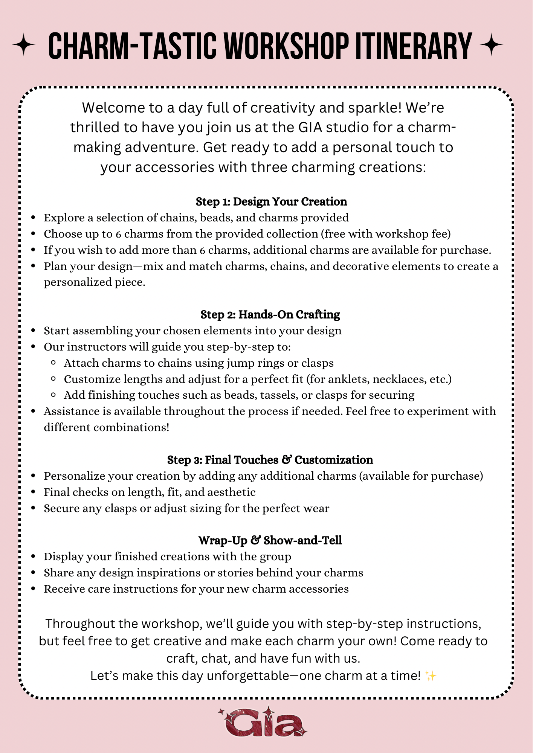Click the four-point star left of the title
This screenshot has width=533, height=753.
click(23, 45)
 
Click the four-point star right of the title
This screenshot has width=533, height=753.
click(491, 45)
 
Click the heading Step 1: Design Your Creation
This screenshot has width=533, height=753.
click(271, 202)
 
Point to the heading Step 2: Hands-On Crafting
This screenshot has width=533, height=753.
click(270, 314)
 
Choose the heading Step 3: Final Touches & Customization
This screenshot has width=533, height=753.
click(270, 460)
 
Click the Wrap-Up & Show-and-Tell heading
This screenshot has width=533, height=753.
click(270, 540)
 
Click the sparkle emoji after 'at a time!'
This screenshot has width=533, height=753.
click(430, 676)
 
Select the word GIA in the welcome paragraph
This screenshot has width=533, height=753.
click(310, 128)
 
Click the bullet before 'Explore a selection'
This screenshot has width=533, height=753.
click(34, 218)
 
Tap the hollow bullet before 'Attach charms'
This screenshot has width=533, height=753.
click(53, 363)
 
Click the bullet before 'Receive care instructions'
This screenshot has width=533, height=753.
click(34, 589)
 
